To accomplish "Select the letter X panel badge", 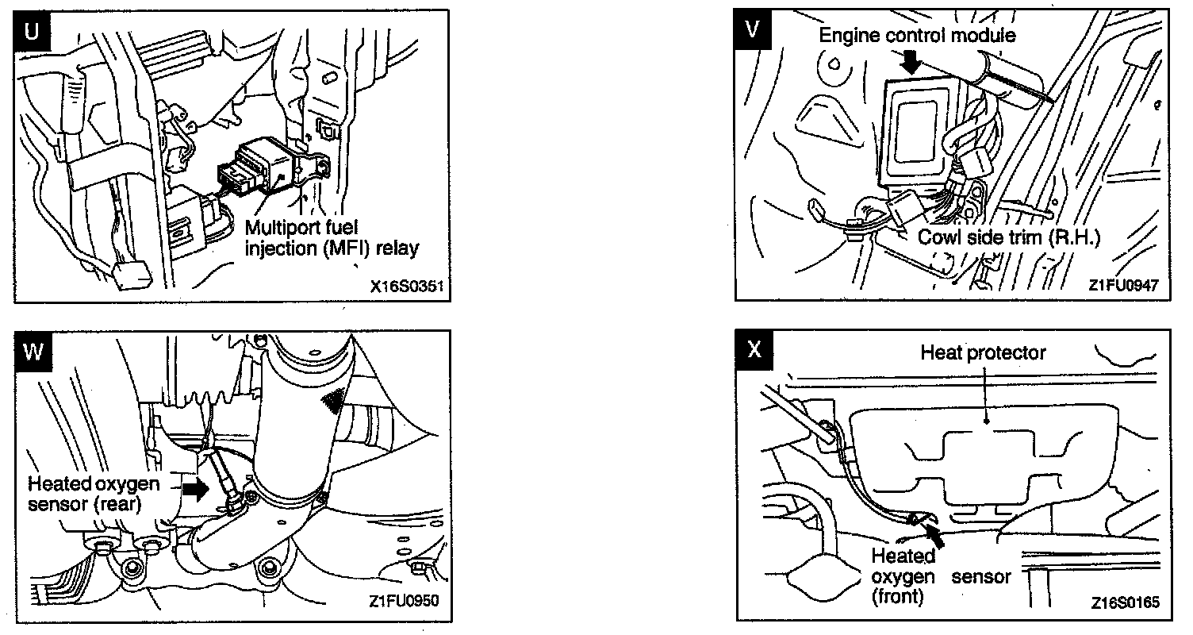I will [x=754, y=350].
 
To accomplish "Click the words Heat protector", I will [x=983, y=352].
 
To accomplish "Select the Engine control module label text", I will [x=917, y=36].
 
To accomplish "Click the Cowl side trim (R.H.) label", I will [x=1008, y=237].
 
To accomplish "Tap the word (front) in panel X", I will [x=897, y=596].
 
